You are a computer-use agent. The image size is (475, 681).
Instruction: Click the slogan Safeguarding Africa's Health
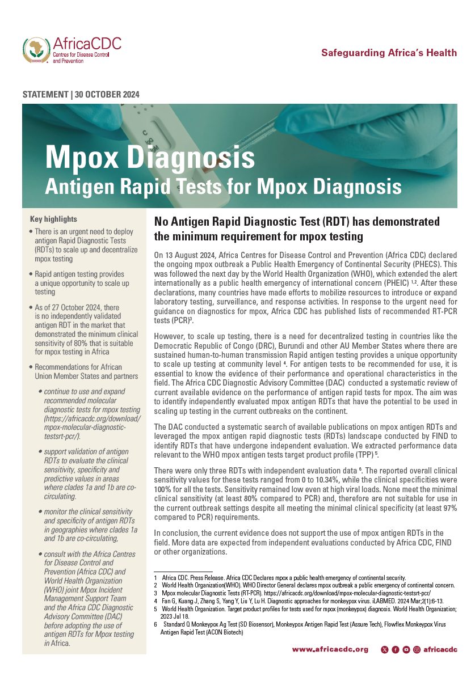point(389,53)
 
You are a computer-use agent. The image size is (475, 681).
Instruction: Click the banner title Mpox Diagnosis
point(150,156)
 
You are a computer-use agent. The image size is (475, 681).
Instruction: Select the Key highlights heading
point(53,219)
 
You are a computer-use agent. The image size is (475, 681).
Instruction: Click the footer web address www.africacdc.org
point(330,649)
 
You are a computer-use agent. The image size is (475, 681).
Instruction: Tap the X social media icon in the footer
point(385,649)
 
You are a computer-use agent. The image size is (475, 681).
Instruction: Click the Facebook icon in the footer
point(396,649)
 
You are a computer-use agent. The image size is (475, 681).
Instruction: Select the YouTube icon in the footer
point(406,649)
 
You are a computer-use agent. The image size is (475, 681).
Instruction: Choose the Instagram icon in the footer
point(417,649)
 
